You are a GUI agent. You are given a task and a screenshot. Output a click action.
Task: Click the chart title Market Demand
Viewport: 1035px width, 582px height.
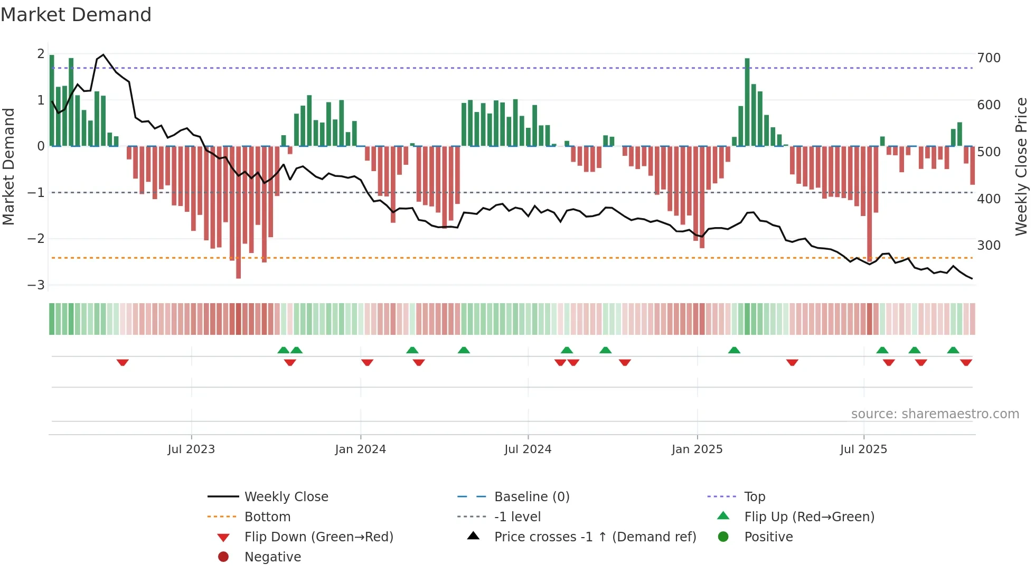tap(76, 15)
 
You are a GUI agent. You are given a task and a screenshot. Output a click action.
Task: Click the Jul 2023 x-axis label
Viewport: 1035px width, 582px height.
tap(191, 449)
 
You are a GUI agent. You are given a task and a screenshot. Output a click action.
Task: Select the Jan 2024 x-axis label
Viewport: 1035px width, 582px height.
tap(360, 449)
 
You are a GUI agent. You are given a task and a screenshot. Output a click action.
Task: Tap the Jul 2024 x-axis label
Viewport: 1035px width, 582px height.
tap(528, 449)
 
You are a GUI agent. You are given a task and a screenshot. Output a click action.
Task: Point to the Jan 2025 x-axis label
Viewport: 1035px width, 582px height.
tap(697, 449)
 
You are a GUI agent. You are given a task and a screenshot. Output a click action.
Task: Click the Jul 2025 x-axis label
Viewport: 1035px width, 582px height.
tap(863, 449)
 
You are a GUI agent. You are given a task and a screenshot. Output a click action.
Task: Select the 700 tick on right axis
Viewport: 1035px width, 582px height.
tap(989, 58)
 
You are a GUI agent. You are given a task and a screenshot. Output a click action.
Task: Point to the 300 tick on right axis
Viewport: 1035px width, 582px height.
tap(989, 246)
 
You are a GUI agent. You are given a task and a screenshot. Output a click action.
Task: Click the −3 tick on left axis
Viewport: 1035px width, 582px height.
tap(36, 285)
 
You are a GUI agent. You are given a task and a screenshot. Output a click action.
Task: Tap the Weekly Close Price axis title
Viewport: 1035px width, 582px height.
tap(1021, 166)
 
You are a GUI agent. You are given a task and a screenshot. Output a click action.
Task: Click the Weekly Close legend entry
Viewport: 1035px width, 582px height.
tap(286, 497)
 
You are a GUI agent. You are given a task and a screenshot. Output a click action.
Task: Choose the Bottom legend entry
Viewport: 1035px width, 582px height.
tap(267, 517)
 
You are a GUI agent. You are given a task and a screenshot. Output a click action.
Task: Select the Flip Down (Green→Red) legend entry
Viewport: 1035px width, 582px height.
tap(318, 537)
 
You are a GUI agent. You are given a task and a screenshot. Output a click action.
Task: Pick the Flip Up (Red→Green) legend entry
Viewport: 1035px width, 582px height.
tap(809, 517)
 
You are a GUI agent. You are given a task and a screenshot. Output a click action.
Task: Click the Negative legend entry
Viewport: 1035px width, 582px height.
tap(272, 557)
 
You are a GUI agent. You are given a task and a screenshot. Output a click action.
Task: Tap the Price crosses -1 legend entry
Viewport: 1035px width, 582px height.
tap(595, 537)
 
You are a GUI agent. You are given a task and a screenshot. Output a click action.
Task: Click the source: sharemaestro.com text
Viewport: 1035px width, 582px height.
tap(935, 414)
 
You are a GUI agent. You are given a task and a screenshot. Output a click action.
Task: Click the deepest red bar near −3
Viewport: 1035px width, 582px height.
tap(238, 211)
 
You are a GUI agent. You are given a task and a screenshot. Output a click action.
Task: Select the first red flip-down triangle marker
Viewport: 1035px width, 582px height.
tap(123, 362)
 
